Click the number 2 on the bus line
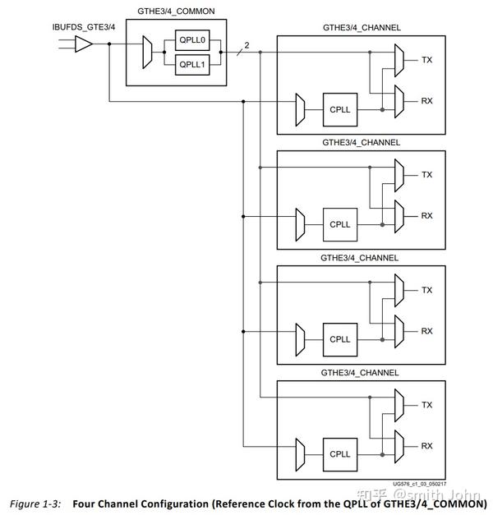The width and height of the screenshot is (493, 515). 246,45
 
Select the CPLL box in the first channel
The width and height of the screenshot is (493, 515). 339,109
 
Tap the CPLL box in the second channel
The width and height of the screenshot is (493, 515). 339,224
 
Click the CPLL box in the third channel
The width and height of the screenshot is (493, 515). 339,339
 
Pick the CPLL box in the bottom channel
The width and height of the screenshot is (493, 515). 339,454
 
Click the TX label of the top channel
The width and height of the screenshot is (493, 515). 426,60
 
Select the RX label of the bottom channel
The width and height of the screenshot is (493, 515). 426,446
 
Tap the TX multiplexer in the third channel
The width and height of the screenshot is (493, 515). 400,289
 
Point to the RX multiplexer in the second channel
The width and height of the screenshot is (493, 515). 400,215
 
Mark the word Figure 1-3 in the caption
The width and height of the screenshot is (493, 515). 33,503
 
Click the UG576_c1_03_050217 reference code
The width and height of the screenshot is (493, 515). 420,484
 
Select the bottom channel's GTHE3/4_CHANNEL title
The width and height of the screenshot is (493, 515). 361,373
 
